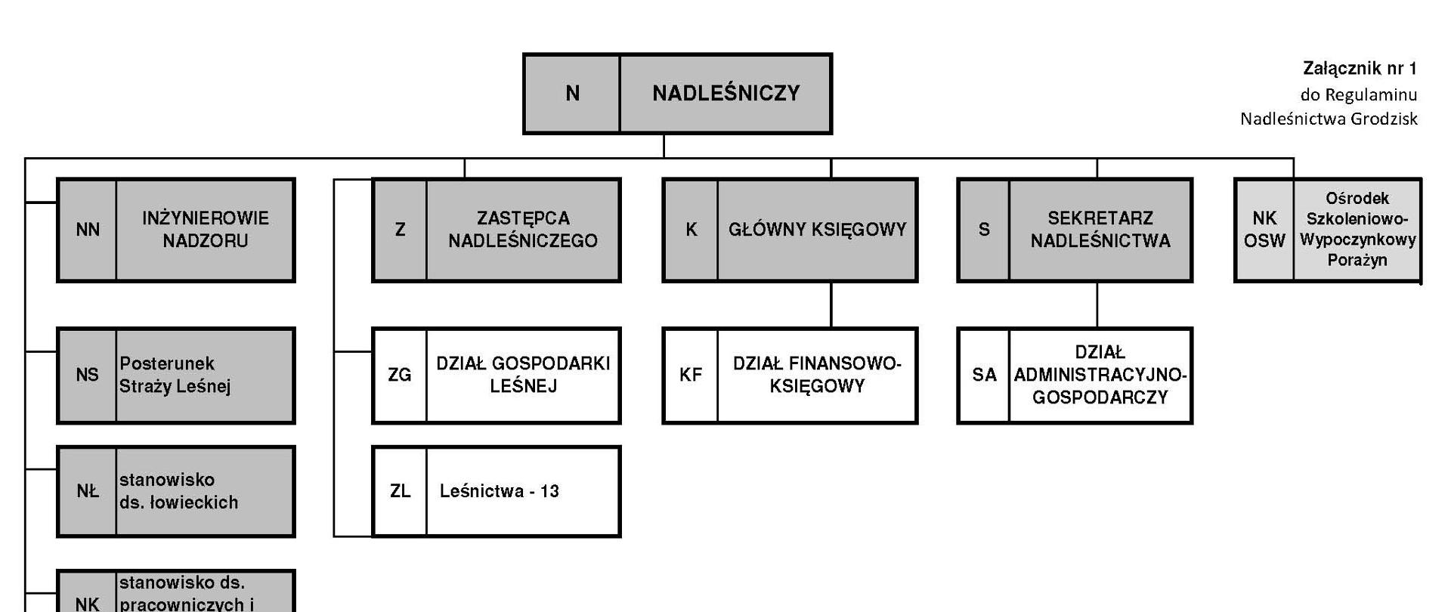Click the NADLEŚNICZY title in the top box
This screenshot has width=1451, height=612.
(725, 94)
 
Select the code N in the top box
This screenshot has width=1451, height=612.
(572, 94)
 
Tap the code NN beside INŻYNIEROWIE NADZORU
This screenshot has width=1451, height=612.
(88, 230)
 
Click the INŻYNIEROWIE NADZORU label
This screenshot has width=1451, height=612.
(205, 230)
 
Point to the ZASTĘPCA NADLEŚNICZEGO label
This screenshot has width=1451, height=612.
(522, 230)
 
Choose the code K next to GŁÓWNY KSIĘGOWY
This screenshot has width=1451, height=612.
(691, 230)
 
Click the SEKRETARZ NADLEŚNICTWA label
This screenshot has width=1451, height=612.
(1100, 230)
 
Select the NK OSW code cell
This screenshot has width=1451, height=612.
(1264, 230)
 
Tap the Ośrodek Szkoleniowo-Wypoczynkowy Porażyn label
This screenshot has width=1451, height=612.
(1357, 230)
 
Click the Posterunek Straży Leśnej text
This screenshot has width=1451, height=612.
(175, 375)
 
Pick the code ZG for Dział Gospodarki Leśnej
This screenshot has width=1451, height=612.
(400, 375)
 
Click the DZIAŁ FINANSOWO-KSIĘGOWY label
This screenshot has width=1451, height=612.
(817, 375)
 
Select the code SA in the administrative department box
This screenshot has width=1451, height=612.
(984, 375)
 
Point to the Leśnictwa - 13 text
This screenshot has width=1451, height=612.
(499, 491)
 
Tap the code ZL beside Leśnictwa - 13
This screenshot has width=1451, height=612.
(400, 491)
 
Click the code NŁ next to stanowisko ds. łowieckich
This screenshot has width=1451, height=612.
(88, 491)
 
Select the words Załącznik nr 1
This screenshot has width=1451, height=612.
(1360, 69)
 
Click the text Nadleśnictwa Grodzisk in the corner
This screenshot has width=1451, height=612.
(1329, 119)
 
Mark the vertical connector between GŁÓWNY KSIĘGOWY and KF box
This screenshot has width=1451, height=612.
(831, 304)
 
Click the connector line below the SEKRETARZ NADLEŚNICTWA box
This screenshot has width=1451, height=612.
(1097, 304)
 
